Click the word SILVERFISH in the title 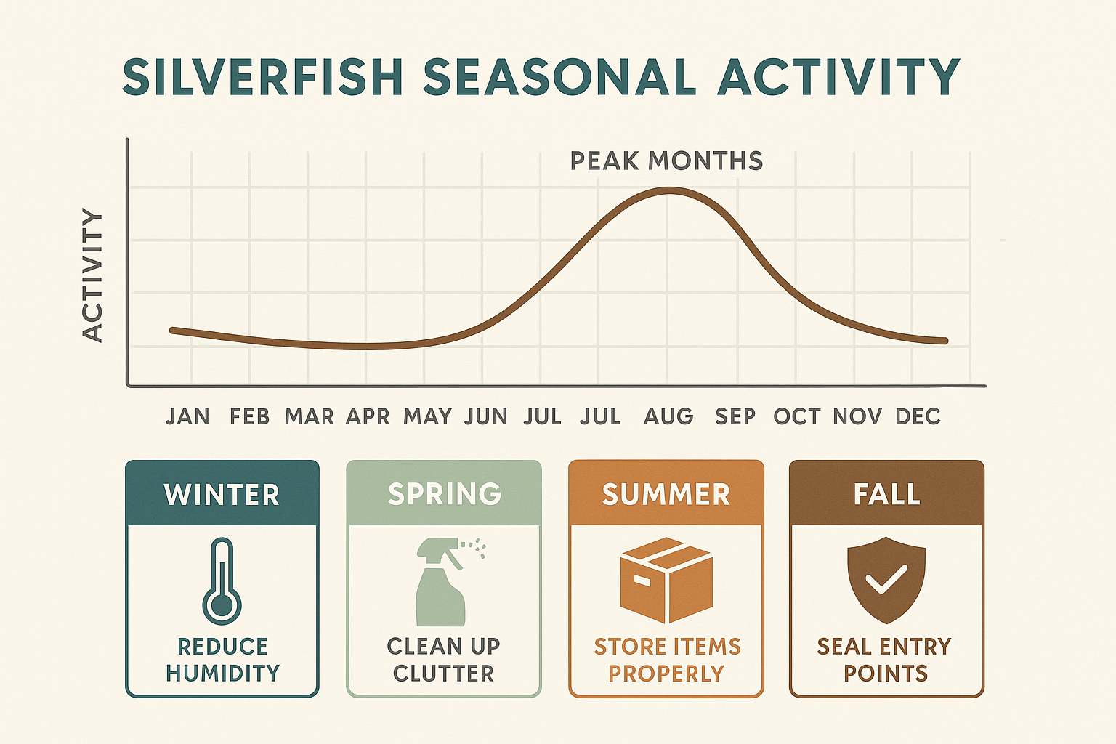[263, 77]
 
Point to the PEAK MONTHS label [666, 161]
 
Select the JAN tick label [187, 416]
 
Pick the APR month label [368, 416]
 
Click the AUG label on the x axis [668, 416]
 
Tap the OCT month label [796, 416]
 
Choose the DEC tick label [918, 416]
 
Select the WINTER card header [222, 495]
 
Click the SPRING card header [444, 494]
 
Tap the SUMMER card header [666, 495]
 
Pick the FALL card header [886, 495]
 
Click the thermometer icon [222, 581]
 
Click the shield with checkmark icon [886, 580]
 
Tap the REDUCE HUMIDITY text [222, 660]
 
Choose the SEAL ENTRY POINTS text [885, 660]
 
